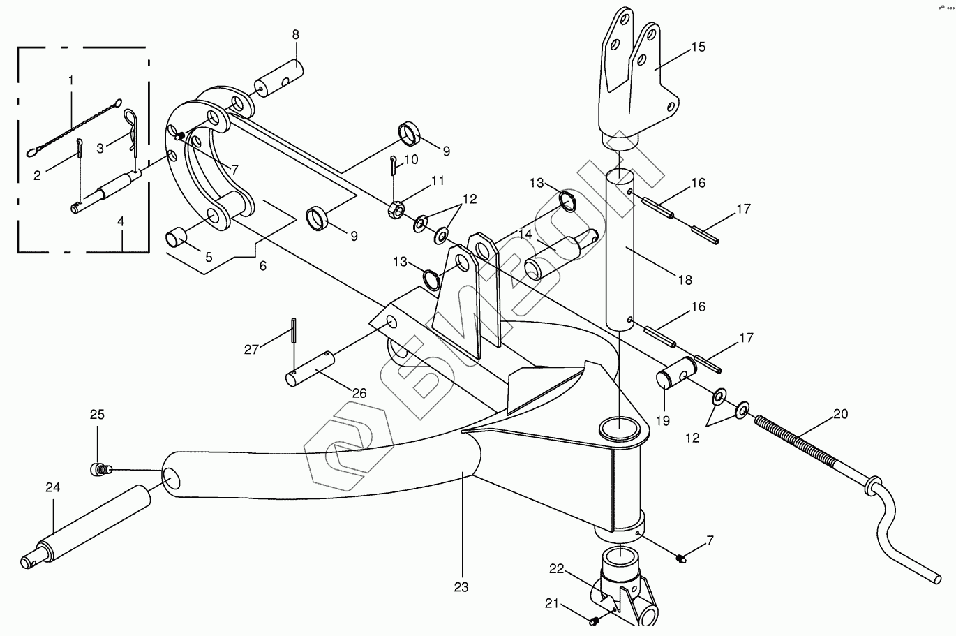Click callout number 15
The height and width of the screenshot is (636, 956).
699,47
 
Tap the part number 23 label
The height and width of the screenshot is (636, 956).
461,587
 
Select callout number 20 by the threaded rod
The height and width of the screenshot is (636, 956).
840,414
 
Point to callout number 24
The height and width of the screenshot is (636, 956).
53,488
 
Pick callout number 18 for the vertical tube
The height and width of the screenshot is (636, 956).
685,279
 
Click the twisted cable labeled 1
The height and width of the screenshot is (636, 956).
73,126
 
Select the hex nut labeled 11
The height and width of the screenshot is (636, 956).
393,209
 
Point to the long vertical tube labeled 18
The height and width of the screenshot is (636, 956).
620,251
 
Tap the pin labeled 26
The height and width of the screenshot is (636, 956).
311,370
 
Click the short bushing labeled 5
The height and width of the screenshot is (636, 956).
177,238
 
